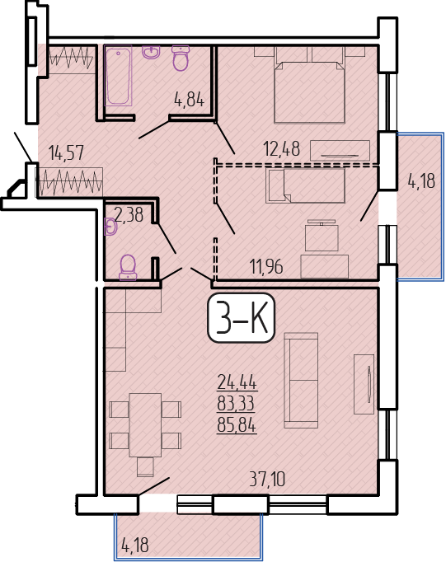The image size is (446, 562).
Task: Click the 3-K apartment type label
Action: pyautogui.click(x=241, y=318)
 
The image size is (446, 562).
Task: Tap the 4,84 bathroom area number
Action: pyautogui.click(x=189, y=99)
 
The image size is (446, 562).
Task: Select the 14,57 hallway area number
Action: pyautogui.click(x=66, y=152)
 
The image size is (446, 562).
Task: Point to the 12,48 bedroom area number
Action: pyautogui.click(x=281, y=148)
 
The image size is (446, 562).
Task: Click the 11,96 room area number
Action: pyautogui.click(x=266, y=267)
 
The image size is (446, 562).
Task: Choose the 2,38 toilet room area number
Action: pyautogui.click(x=129, y=215)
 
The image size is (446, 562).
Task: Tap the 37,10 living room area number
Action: pyautogui.click(x=267, y=479)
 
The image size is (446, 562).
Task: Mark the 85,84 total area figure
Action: pyautogui.click(x=237, y=426)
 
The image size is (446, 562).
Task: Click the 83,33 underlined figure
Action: pyautogui.click(x=237, y=404)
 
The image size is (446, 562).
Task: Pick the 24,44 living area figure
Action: pyautogui.click(x=237, y=382)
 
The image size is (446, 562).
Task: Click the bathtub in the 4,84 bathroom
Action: pyautogui.click(x=118, y=75)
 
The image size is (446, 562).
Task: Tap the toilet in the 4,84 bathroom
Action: pyautogui.click(x=181, y=58)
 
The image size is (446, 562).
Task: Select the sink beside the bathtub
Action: pyautogui.click(x=152, y=52)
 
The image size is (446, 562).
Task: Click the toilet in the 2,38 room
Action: pyautogui.click(x=128, y=267)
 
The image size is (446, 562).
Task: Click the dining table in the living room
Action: pyautogui.click(x=145, y=424)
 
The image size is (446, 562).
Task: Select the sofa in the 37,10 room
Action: pyautogui.click(x=301, y=381)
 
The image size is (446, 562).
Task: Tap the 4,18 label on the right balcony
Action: pyautogui.click(x=421, y=181)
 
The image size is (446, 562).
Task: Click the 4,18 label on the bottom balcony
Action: pyautogui.click(x=135, y=545)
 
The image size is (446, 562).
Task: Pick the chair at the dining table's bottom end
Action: pyautogui.click(x=145, y=466)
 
